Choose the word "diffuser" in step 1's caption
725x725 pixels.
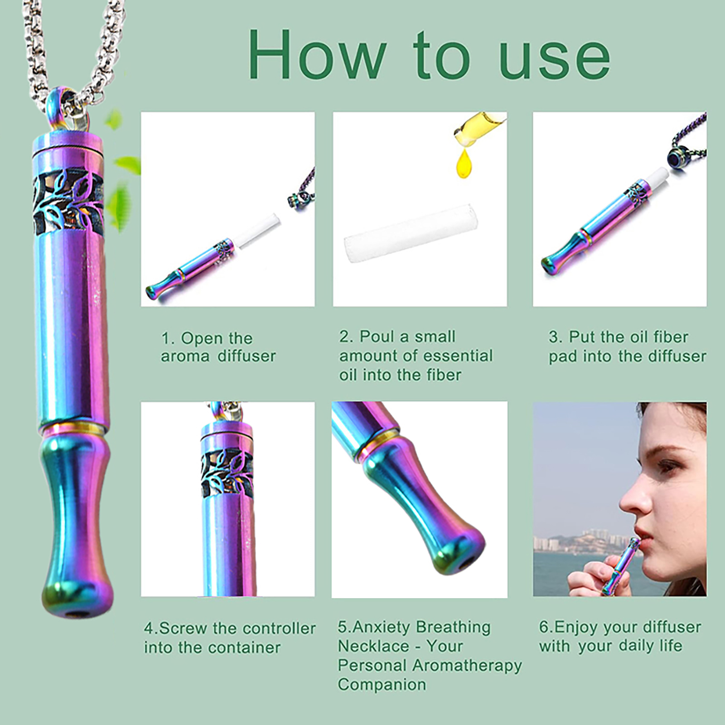tap(246, 356)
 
